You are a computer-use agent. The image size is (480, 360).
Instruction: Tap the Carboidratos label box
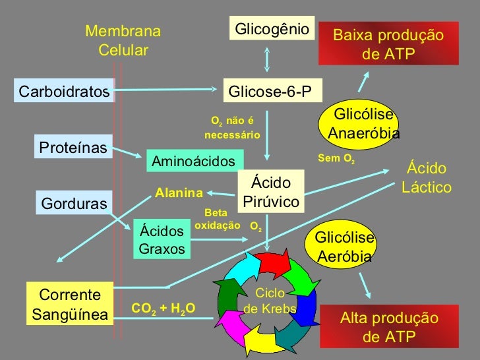(x=65, y=92)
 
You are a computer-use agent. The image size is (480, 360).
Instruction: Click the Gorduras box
(x=74, y=204)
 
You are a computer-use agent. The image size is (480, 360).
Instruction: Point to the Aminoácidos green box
(x=194, y=161)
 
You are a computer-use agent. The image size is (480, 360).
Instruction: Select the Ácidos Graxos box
(x=162, y=241)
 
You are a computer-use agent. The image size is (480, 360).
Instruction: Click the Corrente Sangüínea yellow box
(x=70, y=305)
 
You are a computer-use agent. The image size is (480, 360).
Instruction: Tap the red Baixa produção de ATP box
(x=388, y=45)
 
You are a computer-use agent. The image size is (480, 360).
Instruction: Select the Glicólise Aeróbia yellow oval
(x=344, y=247)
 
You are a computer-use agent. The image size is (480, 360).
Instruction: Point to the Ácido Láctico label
(x=427, y=178)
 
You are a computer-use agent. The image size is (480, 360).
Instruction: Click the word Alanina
(x=179, y=193)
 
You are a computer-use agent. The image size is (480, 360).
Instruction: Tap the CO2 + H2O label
(x=164, y=308)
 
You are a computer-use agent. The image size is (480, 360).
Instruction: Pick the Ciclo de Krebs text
(x=270, y=301)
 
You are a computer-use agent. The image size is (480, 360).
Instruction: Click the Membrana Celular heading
(x=123, y=41)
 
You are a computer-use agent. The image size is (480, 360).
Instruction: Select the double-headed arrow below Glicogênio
(x=266, y=58)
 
